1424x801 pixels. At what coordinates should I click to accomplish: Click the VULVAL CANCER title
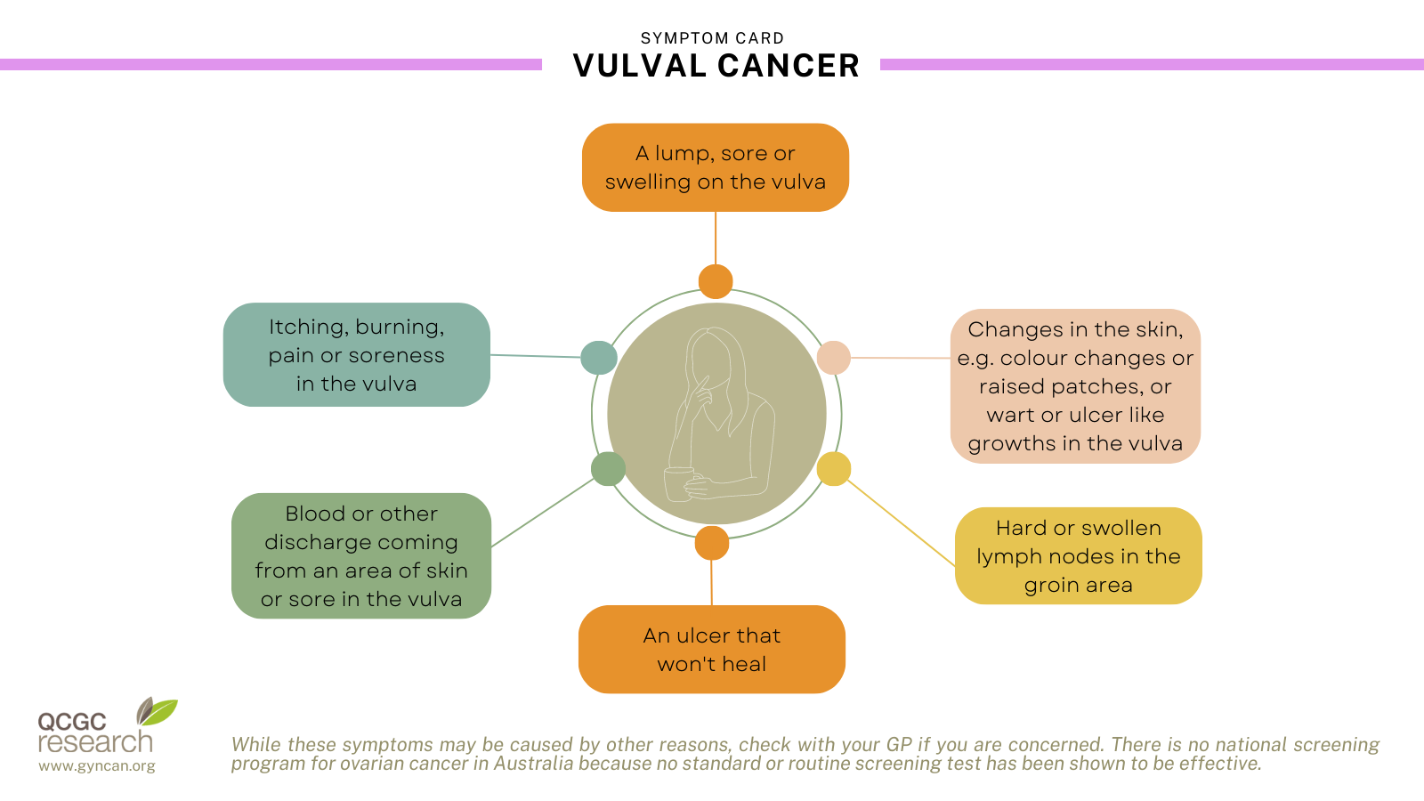[716, 66]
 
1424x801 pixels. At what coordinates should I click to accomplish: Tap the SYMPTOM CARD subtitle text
[712, 38]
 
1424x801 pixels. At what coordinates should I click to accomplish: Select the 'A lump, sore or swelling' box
[716, 167]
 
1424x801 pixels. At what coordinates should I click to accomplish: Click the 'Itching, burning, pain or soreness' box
[357, 355]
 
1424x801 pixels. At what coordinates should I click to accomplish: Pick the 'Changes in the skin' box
[1076, 386]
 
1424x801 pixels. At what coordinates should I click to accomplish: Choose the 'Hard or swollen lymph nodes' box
[1078, 555]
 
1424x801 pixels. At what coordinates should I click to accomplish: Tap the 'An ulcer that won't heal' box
[712, 649]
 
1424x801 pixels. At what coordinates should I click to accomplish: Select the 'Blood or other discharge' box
[361, 555]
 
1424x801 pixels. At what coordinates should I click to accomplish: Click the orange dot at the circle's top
[716, 281]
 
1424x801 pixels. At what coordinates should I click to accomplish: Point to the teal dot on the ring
[599, 357]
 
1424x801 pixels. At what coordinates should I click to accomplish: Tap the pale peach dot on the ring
[833, 357]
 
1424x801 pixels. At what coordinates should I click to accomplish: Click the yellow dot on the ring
[833, 469]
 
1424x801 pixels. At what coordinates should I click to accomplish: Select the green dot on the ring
[609, 469]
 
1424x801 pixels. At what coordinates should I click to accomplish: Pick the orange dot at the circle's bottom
[712, 543]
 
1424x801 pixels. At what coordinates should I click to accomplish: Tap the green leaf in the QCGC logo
[159, 712]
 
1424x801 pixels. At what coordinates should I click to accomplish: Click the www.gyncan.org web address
[97, 765]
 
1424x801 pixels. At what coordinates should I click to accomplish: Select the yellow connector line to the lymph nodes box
[902, 523]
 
